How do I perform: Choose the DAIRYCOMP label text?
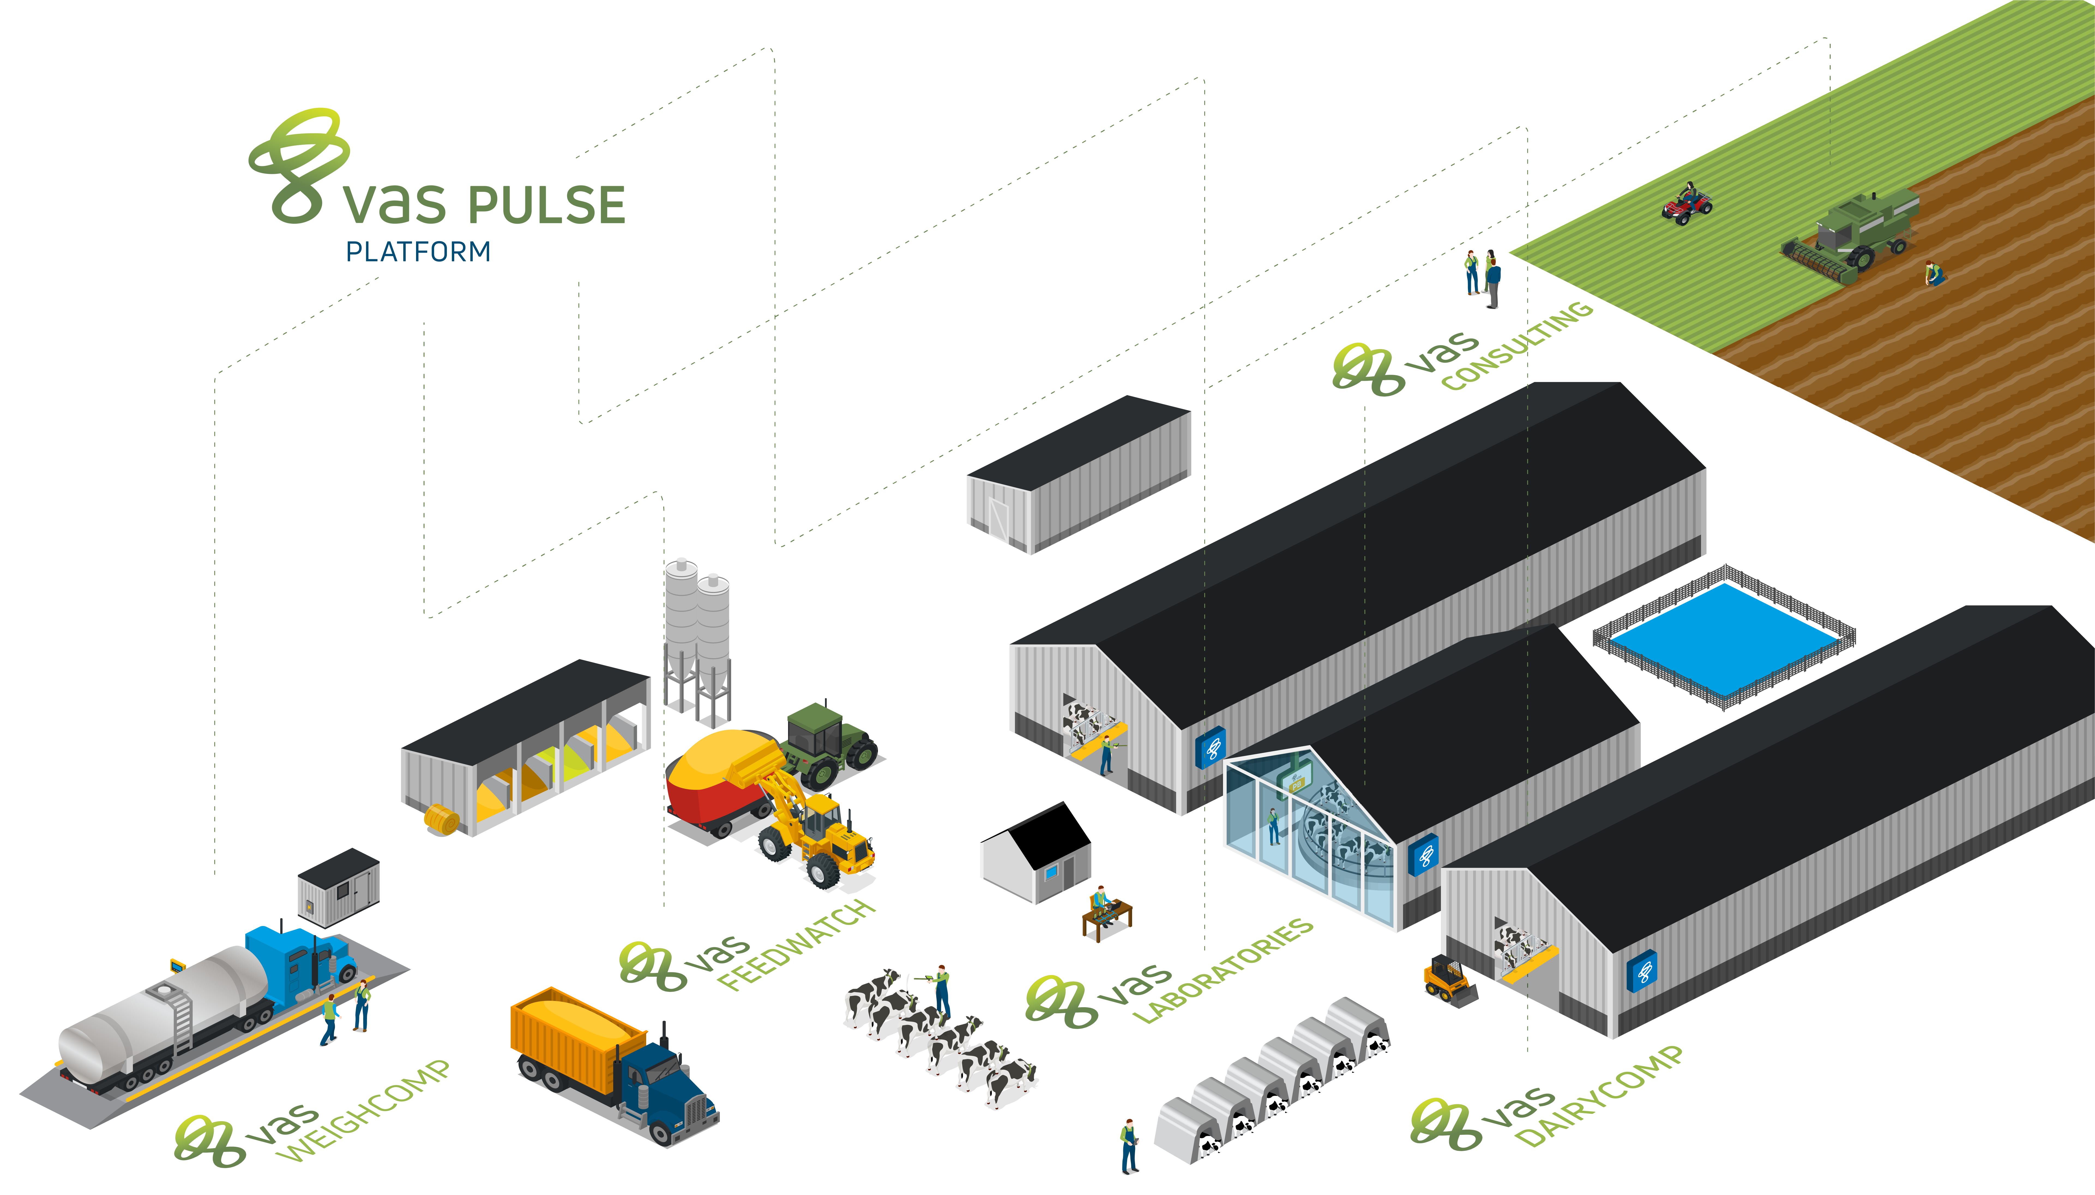pos(1599,1096)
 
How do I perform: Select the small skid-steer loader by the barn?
pos(1449,981)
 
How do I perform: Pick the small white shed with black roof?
pos(1036,854)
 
